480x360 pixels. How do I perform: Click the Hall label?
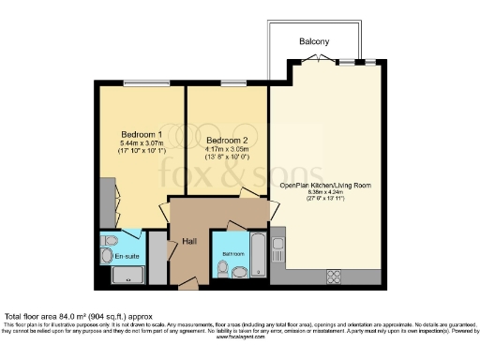coord(188,242)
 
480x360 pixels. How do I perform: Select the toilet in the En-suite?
coord(105,254)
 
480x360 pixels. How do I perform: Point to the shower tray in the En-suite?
coord(127,275)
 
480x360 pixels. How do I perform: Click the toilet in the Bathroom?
coord(221,270)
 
